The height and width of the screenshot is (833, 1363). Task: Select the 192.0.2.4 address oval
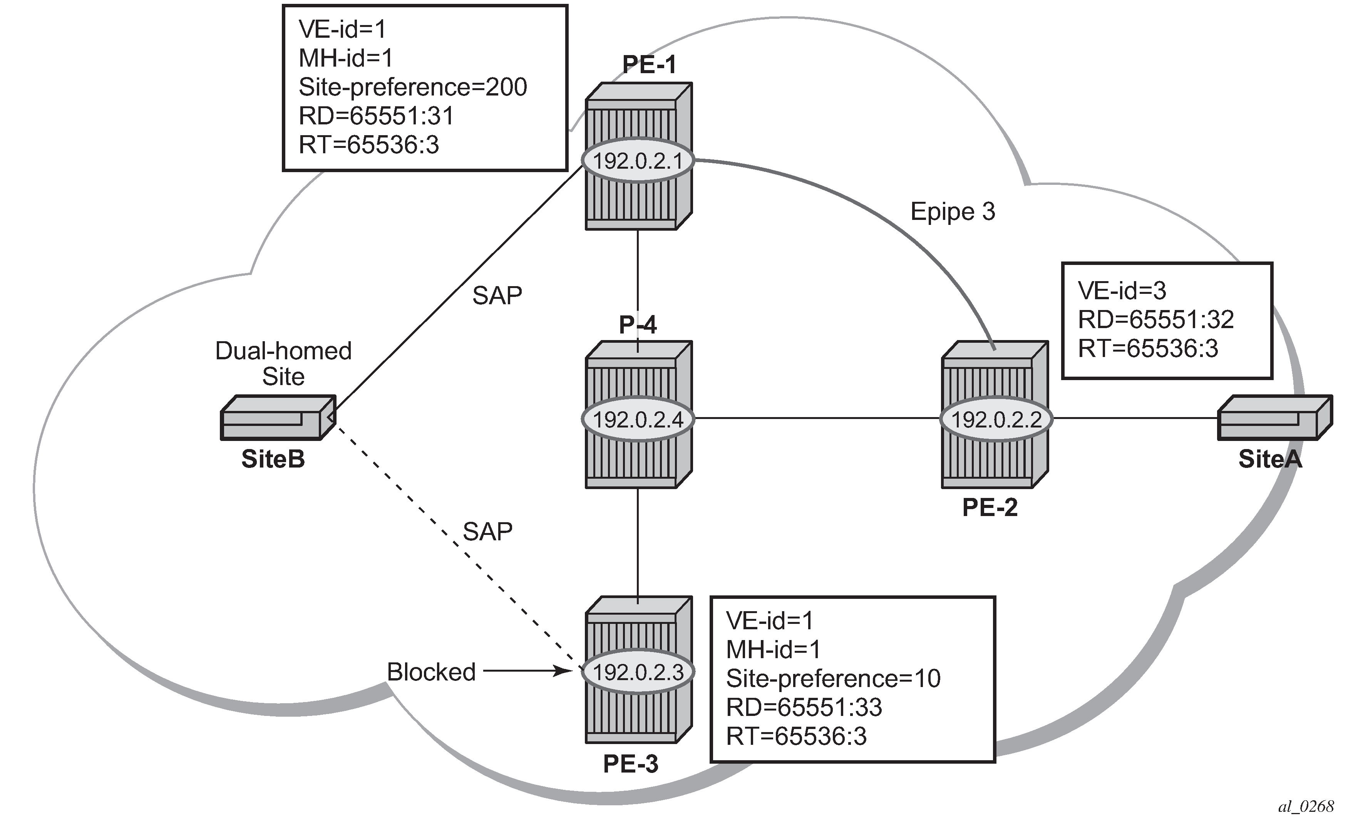tap(638, 420)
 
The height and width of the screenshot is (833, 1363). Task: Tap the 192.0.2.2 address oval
tap(996, 420)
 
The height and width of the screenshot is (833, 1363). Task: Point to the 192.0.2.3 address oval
tap(638, 672)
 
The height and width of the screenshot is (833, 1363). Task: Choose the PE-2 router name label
tap(990, 507)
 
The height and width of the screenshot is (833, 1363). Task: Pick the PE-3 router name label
tap(631, 764)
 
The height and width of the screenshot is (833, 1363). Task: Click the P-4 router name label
tap(638, 325)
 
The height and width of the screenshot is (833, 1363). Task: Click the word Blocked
tap(431, 672)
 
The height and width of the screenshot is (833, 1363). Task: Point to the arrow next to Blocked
tap(527, 672)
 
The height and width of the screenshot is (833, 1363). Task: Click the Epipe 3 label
tap(953, 212)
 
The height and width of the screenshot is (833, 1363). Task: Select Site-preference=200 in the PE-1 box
tap(413, 87)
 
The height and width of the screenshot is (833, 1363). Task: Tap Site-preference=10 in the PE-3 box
tap(833, 679)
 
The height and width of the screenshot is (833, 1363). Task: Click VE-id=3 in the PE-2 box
tap(1122, 291)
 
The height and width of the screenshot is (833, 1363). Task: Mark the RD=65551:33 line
tap(804, 707)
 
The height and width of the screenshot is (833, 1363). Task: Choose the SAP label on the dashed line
tap(487, 531)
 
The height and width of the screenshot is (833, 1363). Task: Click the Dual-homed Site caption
tap(283, 364)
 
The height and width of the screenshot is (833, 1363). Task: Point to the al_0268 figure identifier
tap(1306, 807)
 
